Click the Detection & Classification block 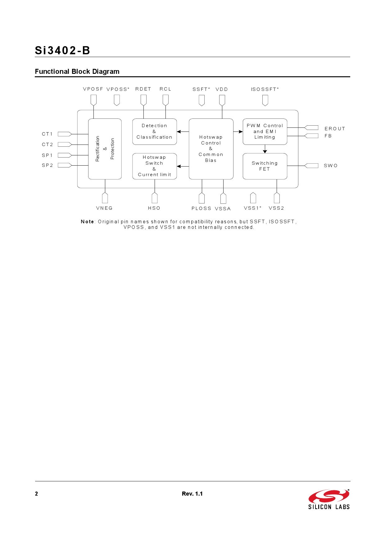click(x=154, y=132)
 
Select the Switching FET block click(x=265, y=166)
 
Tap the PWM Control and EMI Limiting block click(x=265, y=132)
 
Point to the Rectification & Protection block click(x=105, y=149)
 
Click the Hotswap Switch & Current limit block click(x=154, y=166)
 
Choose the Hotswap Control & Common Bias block click(x=211, y=149)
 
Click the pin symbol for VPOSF click(x=93, y=100)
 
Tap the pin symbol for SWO click(x=311, y=166)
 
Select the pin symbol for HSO click(x=155, y=198)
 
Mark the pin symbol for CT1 click(x=65, y=134)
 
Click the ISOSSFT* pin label click(x=265, y=89)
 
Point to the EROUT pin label click(x=335, y=129)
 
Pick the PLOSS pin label click(x=201, y=208)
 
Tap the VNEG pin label click(x=104, y=208)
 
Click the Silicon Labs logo click(x=329, y=499)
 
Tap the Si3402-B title click(x=62, y=50)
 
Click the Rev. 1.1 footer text click(x=192, y=494)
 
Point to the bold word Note click(x=87, y=221)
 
